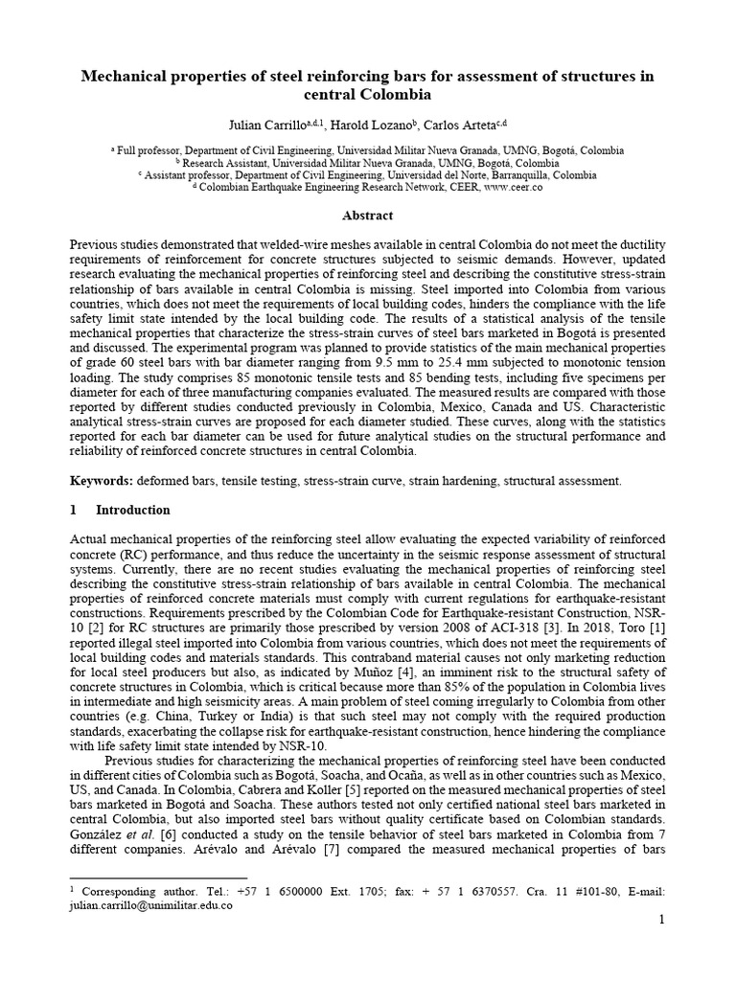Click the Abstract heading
pos(368,216)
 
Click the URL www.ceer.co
pos(514,189)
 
